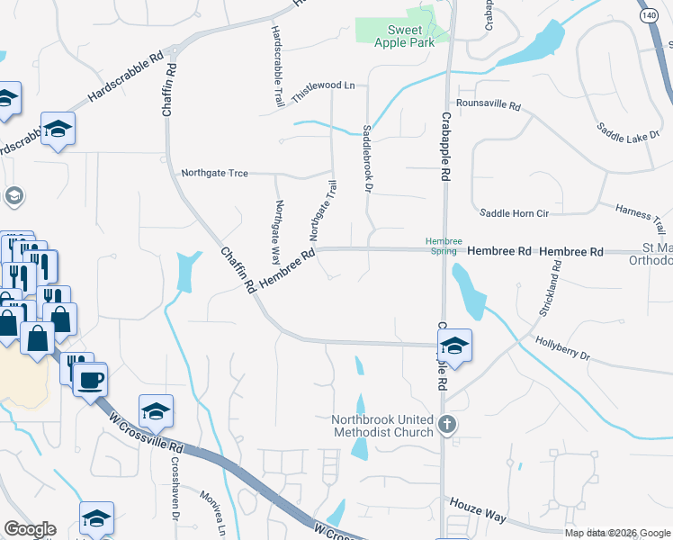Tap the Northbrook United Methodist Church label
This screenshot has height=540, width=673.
(x=383, y=426)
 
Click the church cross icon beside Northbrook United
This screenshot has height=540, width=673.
(x=447, y=424)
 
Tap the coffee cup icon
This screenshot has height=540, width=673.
(x=90, y=380)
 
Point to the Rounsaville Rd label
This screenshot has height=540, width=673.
(x=489, y=105)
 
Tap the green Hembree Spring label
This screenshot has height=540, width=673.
(x=444, y=247)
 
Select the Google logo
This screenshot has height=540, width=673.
(x=30, y=529)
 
